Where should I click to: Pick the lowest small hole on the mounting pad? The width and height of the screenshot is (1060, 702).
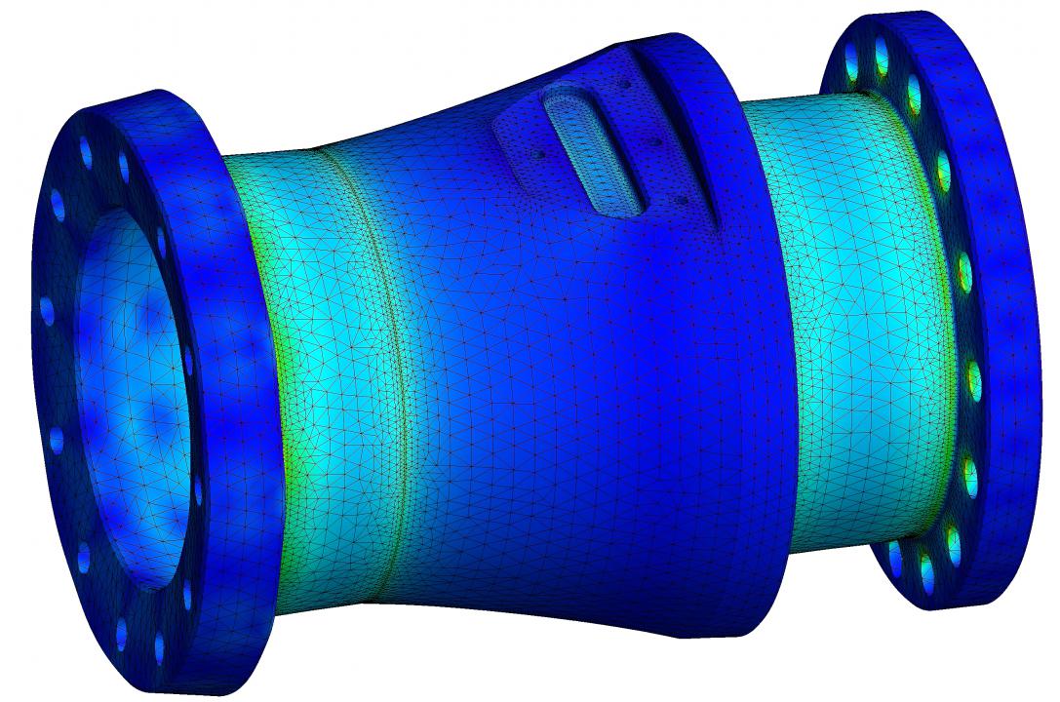tap(682, 201)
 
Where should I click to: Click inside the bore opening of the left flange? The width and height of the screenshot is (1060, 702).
tap(127, 390)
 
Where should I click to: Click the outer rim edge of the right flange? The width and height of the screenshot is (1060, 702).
tap(1014, 292)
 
